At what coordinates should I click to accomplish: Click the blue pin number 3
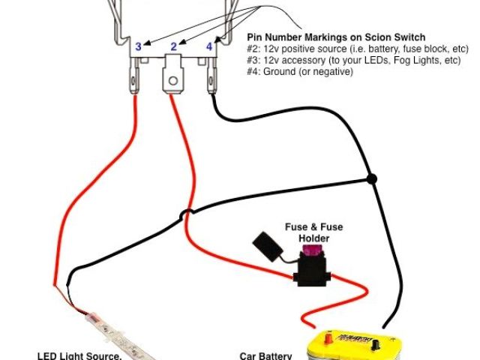(138, 46)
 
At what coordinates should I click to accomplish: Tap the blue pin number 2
(174, 46)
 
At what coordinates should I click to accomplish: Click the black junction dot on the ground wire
(370, 178)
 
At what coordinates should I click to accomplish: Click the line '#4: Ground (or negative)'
(299, 72)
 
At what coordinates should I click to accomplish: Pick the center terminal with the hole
(173, 80)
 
